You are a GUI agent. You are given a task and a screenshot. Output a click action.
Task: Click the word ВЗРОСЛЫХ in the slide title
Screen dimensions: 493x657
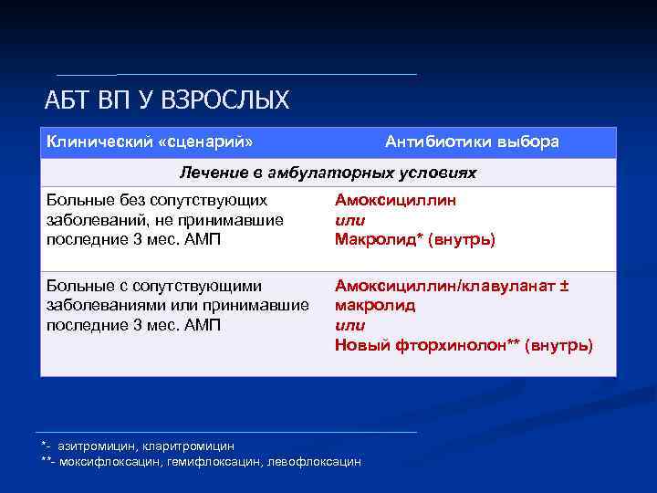[x=226, y=100]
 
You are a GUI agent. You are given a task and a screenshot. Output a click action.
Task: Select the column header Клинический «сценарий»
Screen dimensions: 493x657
[x=150, y=142]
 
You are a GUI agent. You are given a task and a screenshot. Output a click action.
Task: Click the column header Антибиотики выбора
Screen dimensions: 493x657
[x=472, y=142]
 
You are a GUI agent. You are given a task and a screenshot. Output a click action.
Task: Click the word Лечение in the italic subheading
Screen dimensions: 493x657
[x=210, y=173]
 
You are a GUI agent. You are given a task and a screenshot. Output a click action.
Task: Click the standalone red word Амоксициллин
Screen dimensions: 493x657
[x=395, y=200]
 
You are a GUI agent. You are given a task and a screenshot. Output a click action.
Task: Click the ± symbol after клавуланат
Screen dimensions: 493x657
[x=564, y=286]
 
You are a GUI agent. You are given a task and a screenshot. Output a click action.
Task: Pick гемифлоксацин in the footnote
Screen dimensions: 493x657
[x=214, y=462]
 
